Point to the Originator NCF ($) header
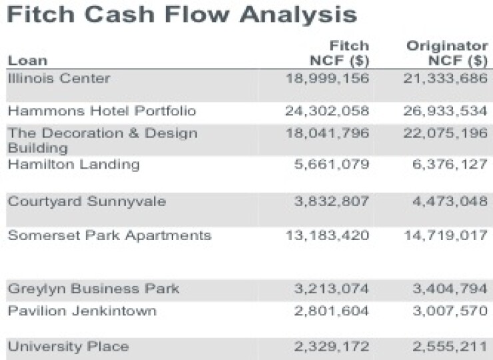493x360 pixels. [447, 53]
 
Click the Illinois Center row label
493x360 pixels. [59, 78]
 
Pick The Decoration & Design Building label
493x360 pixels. [103, 139]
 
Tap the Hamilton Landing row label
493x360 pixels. [73, 164]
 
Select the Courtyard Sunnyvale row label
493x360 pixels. [87, 202]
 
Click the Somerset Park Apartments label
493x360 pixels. [109, 235]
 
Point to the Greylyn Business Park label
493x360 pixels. [93, 289]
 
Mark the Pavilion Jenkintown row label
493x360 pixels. [82, 311]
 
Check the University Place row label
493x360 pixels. [68, 346]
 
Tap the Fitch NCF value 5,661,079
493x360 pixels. [331, 164]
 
